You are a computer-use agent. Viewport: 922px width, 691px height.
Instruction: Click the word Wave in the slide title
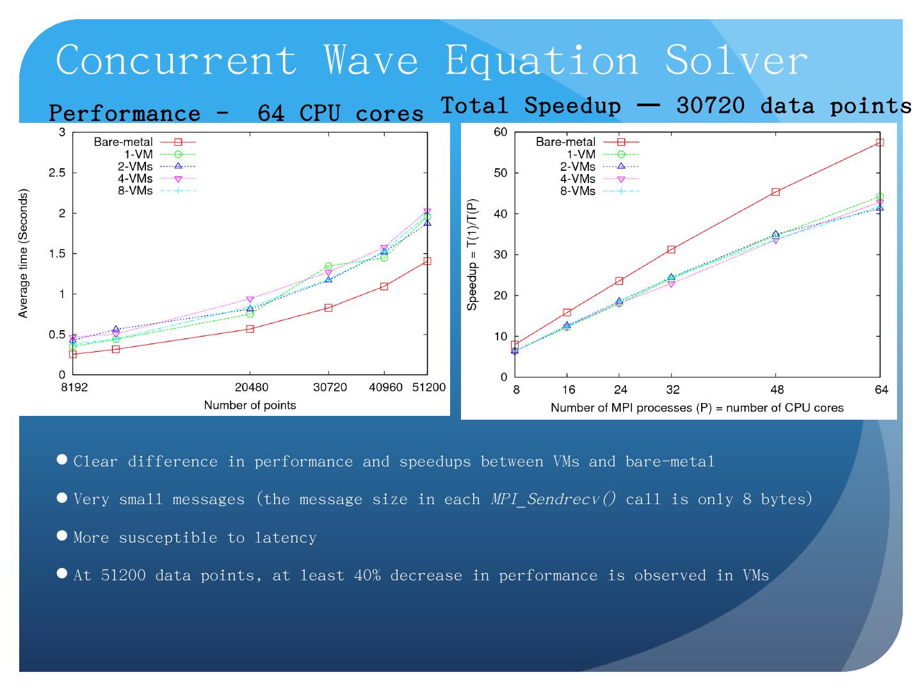(371, 60)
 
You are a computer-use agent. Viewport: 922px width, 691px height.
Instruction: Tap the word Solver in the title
(736, 60)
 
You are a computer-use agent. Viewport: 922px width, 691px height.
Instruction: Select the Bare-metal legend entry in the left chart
(124, 142)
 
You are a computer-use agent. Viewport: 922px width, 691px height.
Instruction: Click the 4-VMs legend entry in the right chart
(578, 179)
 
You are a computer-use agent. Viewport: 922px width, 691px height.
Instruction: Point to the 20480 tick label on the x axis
(252, 388)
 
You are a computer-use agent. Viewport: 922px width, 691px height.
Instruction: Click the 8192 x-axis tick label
(74, 388)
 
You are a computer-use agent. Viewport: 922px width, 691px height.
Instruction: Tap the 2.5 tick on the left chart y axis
(58, 173)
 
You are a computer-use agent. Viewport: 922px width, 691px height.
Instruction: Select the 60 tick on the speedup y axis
(501, 132)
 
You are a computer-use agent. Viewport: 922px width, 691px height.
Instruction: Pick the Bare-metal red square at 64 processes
(880, 143)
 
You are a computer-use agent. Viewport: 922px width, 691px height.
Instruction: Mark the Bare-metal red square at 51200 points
(427, 261)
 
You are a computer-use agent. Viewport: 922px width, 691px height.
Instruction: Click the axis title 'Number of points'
(250, 405)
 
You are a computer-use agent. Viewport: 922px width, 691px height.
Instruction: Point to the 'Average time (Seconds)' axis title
(24, 253)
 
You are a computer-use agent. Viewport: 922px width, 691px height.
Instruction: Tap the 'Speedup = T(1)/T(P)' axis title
(473, 254)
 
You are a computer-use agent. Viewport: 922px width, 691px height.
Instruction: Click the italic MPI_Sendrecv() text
(553, 499)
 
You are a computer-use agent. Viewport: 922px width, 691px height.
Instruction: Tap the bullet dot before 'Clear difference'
(62, 459)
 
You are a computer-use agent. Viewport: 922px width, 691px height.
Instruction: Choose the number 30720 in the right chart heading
(710, 106)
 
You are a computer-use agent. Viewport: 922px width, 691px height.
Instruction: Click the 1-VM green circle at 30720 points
(328, 266)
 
